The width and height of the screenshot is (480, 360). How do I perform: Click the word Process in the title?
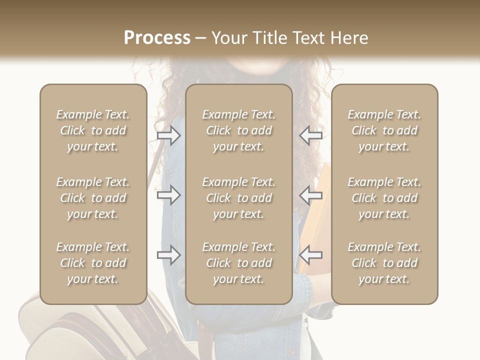tap(157, 38)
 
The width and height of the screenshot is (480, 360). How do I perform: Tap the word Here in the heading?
tap(349, 38)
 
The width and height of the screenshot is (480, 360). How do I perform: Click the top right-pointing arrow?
tap(169, 135)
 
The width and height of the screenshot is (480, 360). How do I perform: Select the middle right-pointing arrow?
tap(169, 195)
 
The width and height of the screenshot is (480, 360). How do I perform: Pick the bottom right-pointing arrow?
tap(169, 255)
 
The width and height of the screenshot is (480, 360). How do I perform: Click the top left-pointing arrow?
tap(310, 135)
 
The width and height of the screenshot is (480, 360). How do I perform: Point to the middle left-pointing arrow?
tap(310, 195)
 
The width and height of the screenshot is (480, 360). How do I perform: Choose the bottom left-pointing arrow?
tap(310, 255)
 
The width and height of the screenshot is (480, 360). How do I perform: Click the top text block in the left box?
tap(93, 130)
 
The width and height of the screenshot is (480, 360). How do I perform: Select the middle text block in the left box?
tap(93, 198)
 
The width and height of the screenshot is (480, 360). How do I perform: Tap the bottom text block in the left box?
tap(93, 263)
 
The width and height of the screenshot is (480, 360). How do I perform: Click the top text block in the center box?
tap(239, 130)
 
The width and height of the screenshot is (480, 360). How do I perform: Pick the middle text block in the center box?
tap(239, 198)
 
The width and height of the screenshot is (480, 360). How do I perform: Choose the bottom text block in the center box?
tap(239, 263)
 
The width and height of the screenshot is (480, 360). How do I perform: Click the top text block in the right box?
tap(384, 130)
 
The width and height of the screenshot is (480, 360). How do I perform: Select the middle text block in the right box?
tap(384, 198)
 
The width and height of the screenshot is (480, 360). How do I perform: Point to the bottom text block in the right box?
tap(384, 263)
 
